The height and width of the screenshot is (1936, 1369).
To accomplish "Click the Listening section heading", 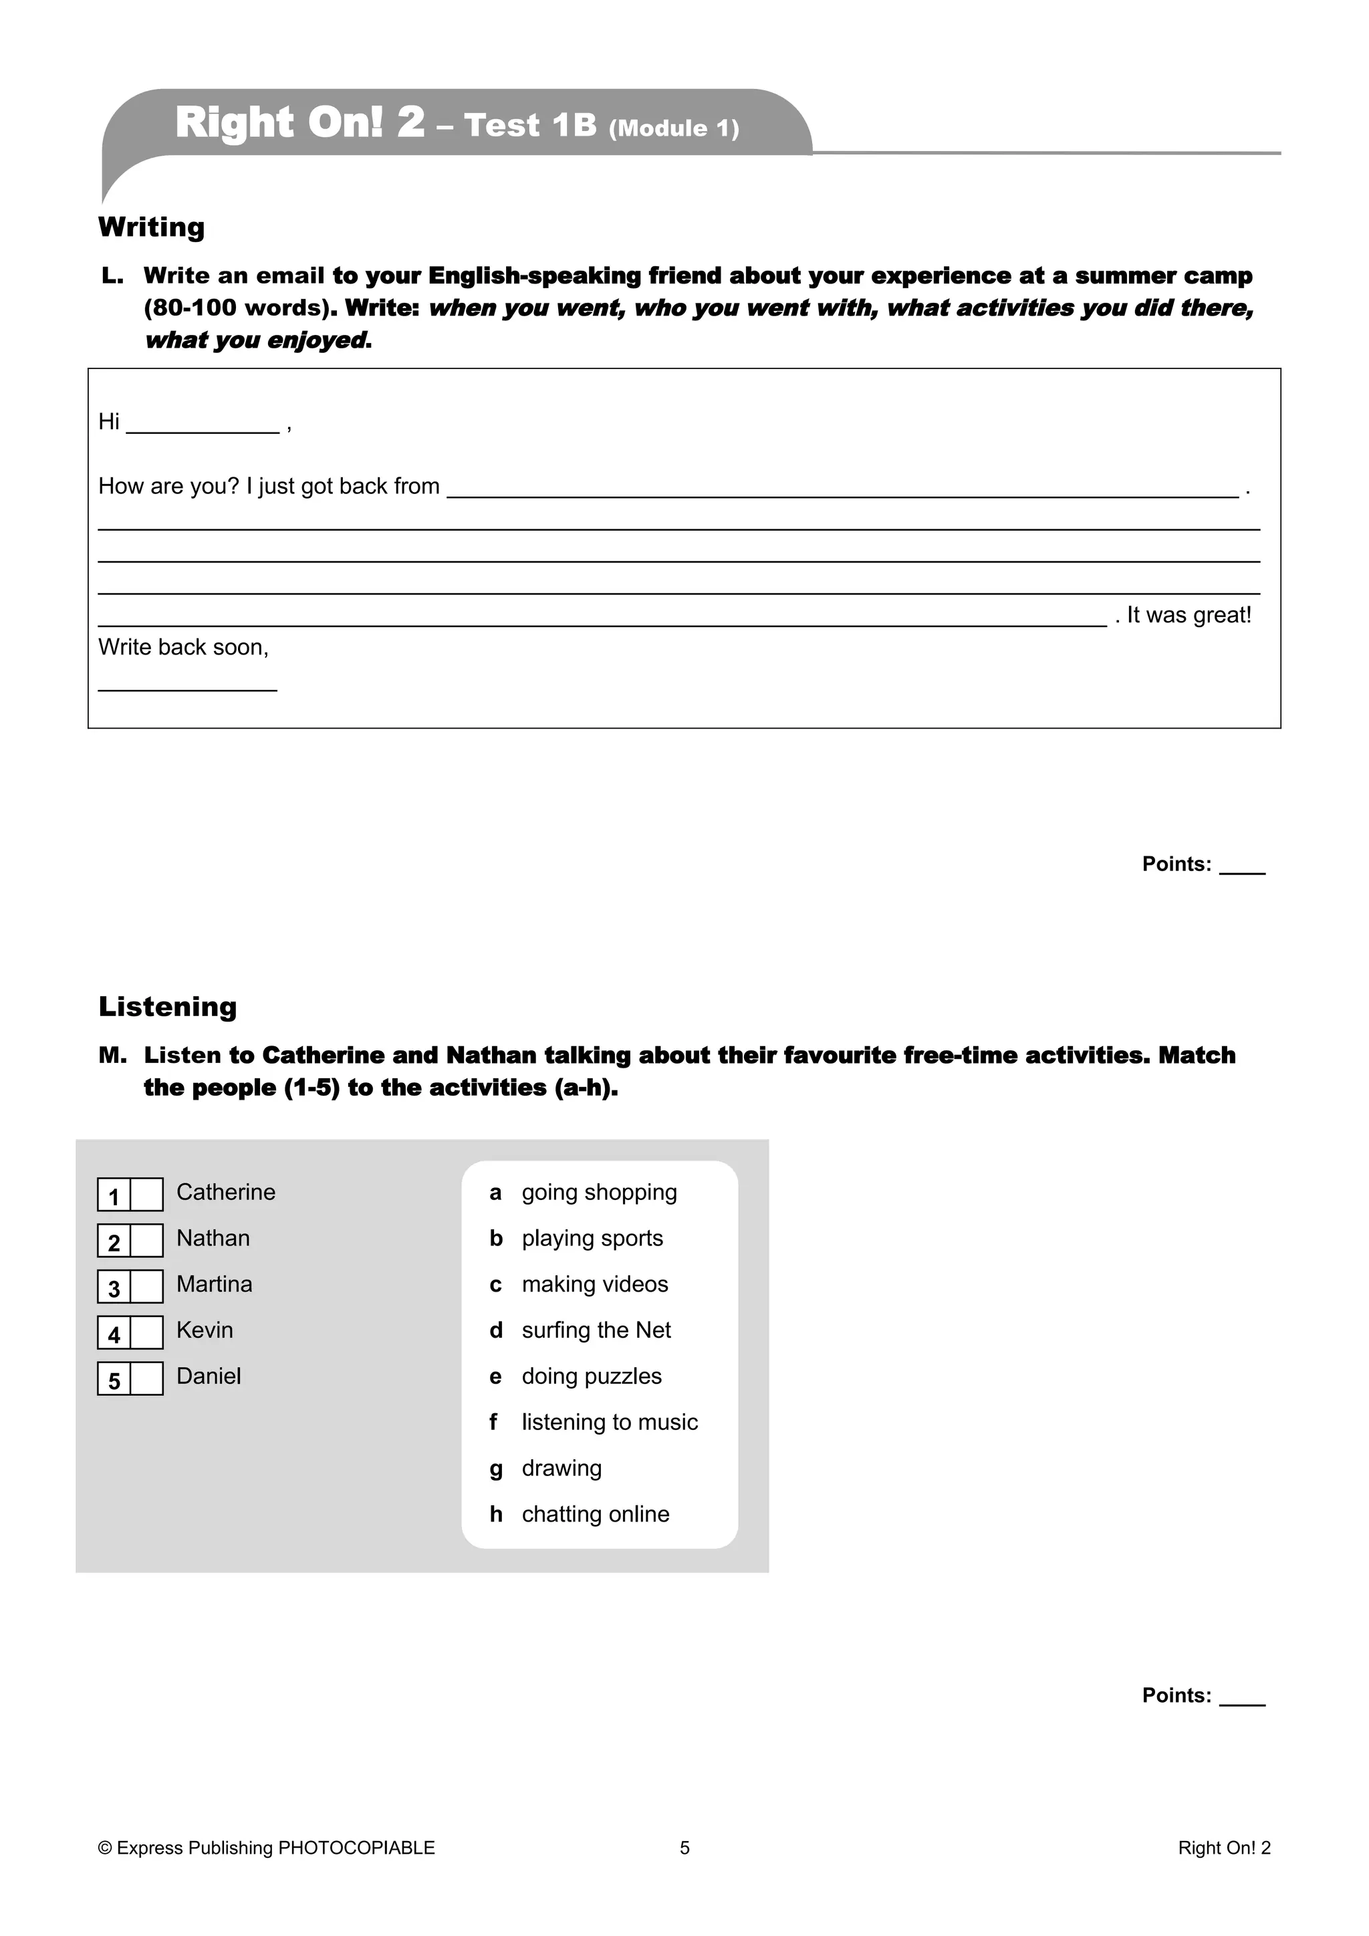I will pos(168,1006).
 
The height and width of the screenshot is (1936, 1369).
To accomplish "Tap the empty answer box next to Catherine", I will pos(146,1195).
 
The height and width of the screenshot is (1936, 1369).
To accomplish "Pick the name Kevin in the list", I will pos(205,1330).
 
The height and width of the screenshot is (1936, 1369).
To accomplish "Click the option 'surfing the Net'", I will pos(596,1330).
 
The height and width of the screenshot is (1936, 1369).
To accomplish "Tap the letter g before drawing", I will pos(496,1469).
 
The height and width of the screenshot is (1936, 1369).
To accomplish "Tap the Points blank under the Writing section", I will pos(1242,868).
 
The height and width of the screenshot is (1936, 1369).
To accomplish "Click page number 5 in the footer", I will pos(684,1848).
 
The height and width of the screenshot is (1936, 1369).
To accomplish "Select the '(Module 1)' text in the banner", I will pos(674,128).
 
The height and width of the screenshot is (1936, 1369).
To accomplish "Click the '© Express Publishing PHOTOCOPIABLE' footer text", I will pos(267,1848).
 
